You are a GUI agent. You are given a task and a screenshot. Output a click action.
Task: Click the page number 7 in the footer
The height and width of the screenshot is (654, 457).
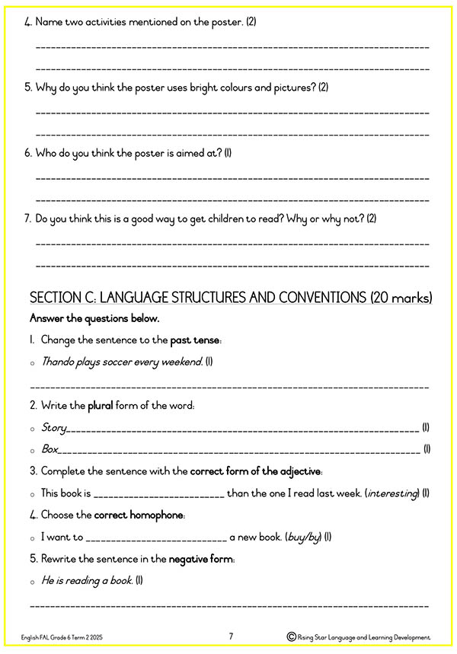point(231,636)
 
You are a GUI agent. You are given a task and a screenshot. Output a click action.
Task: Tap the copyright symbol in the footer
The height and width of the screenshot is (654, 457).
point(291,636)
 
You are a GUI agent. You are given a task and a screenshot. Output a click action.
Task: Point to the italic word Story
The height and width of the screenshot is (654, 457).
point(53,428)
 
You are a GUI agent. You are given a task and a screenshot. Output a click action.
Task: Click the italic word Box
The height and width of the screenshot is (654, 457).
point(50,449)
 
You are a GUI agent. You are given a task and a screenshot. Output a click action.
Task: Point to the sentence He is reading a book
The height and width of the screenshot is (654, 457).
point(87,581)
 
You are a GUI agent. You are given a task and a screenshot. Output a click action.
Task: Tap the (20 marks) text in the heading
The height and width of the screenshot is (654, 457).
point(401,296)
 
